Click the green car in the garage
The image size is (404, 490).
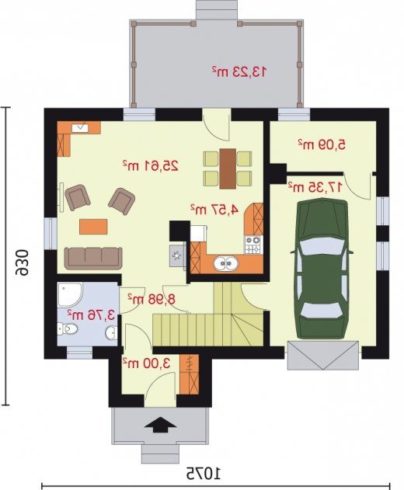(322, 269)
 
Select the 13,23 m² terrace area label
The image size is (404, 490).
(239, 71)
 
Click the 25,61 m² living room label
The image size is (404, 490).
(151, 165)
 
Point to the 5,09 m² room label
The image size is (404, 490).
(322, 144)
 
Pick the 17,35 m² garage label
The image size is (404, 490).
(315, 187)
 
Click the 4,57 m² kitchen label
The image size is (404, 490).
(214, 210)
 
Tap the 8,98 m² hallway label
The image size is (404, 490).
(151, 299)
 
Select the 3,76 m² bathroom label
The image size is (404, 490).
(92, 315)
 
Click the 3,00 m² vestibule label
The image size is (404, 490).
(146, 363)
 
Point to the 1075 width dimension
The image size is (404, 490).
(204, 474)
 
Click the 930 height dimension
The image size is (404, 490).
(23, 262)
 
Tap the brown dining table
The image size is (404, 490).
(228, 169)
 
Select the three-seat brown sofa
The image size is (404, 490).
(93, 258)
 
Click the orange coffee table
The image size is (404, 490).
(93, 227)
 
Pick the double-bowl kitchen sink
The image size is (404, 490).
(226, 263)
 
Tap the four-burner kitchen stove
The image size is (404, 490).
(252, 245)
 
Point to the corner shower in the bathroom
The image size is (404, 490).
(69, 294)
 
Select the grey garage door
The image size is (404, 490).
(323, 356)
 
